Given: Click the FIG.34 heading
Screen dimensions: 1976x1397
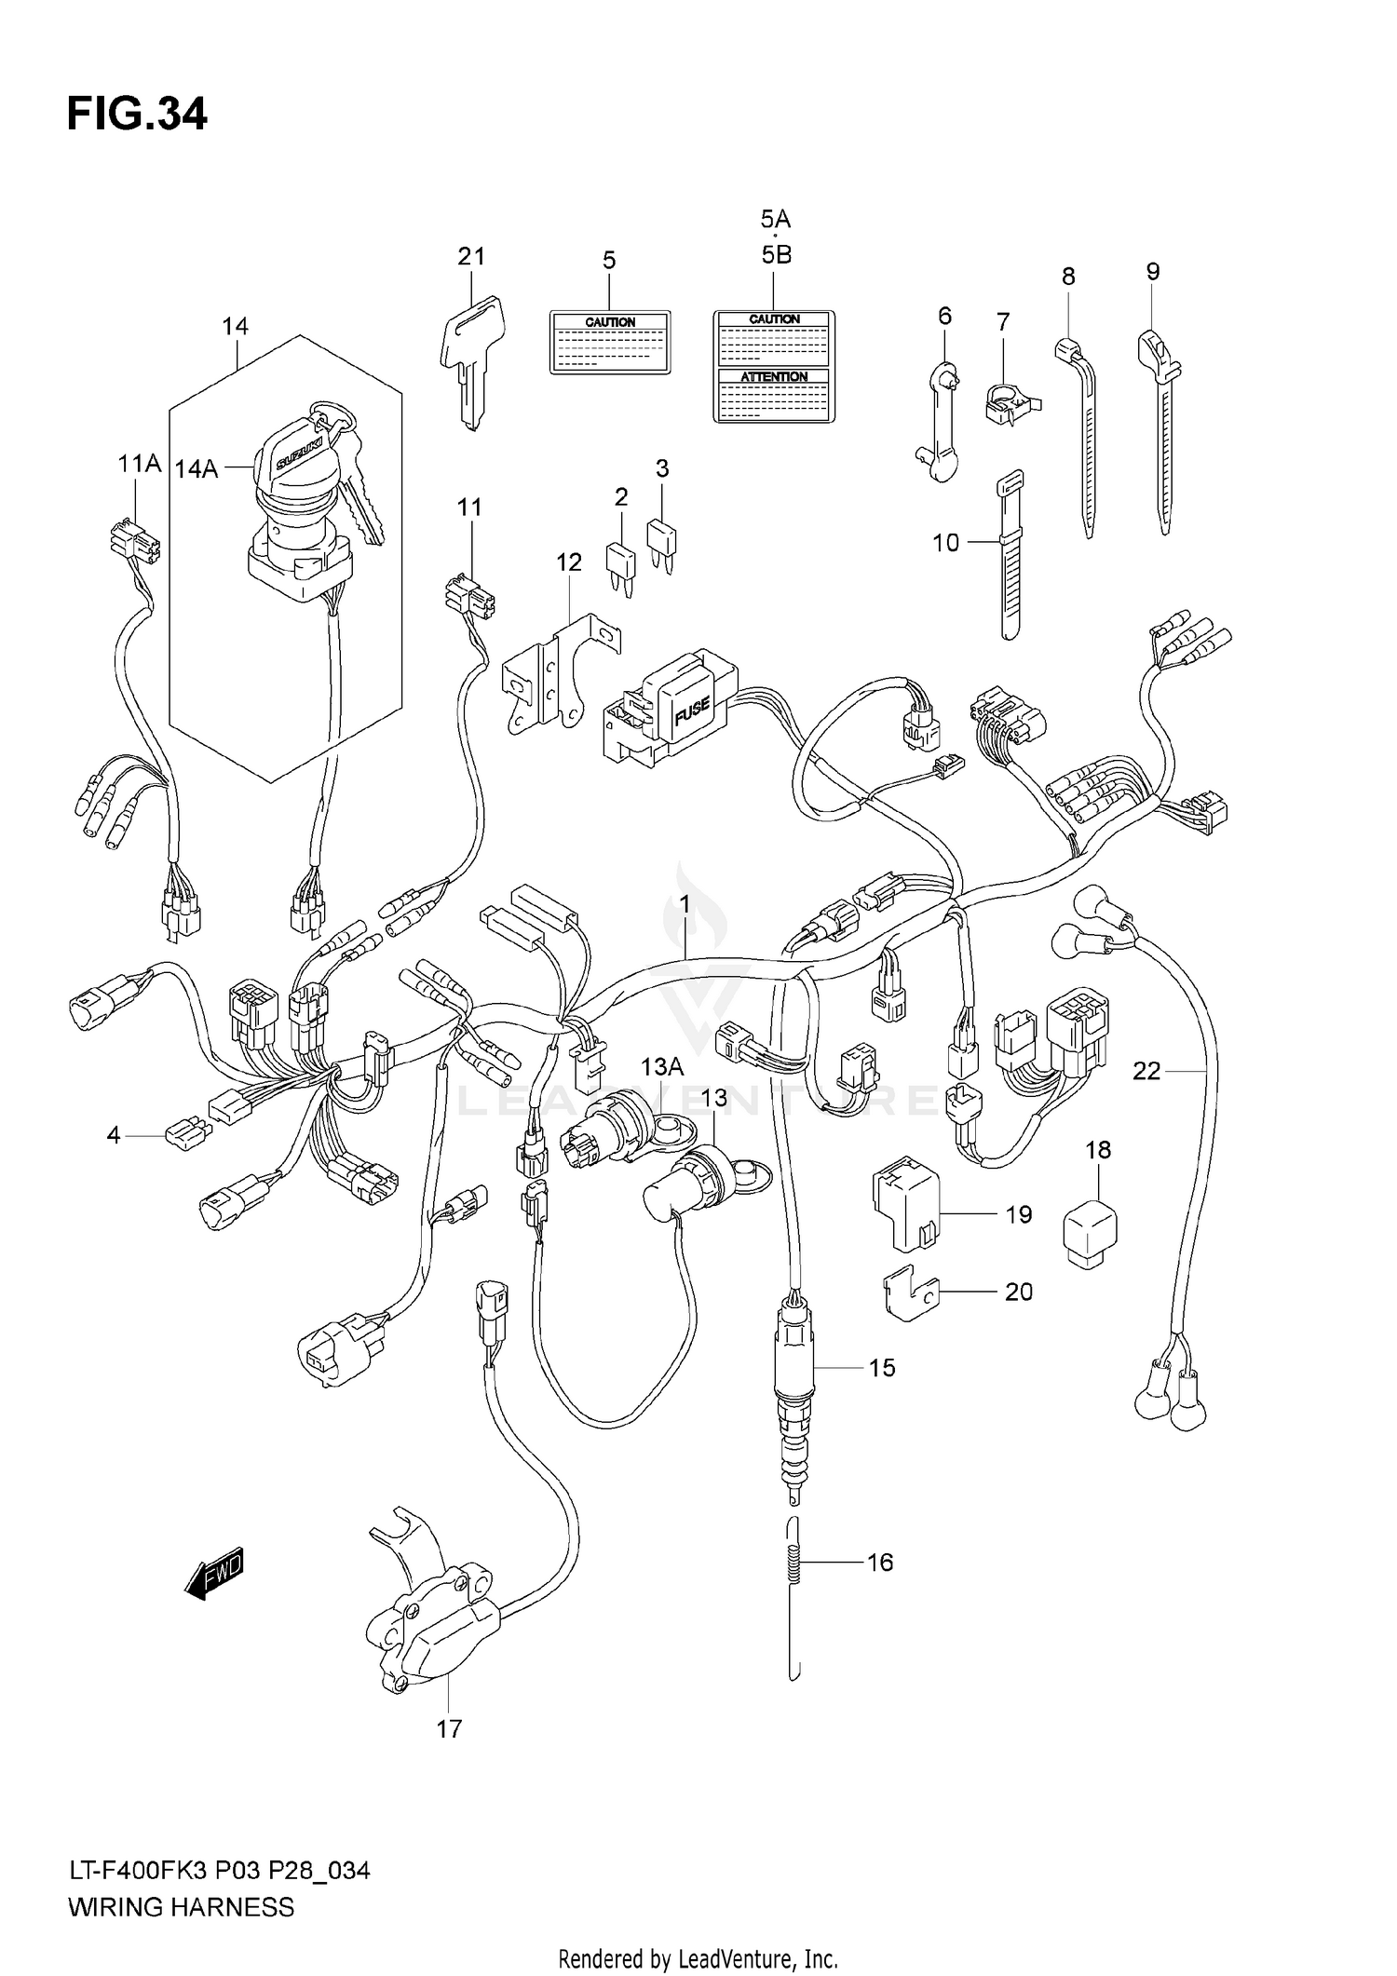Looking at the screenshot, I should [x=137, y=115].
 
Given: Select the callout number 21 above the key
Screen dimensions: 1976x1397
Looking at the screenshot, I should [x=471, y=256].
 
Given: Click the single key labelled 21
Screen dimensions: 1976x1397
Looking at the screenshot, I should [x=472, y=359].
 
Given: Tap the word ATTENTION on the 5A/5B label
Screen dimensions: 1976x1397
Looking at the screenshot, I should [x=774, y=376].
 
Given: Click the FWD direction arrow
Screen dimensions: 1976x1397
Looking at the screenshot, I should [x=215, y=1574].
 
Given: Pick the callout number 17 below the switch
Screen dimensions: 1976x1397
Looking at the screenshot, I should [x=449, y=1729].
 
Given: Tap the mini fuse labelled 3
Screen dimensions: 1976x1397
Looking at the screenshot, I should [x=662, y=541].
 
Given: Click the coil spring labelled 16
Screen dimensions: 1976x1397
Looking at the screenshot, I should [x=793, y=1563].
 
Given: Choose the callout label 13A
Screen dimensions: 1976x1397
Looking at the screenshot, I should [x=661, y=1065].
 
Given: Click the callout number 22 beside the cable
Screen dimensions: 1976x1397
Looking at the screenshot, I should [x=1146, y=1072].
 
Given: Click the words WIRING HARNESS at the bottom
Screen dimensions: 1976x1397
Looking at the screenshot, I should [x=181, y=1907].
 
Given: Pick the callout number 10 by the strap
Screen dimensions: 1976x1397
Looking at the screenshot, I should [x=945, y=542].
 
